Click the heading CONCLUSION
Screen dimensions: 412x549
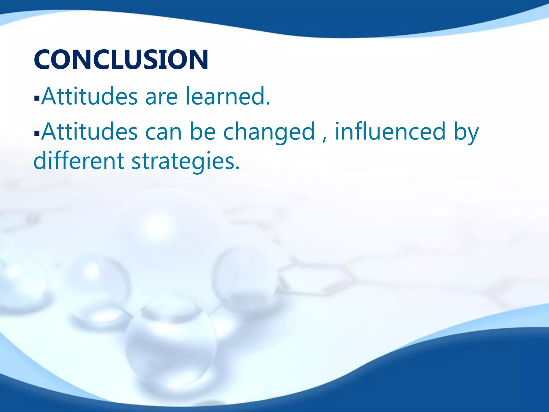[121, 59]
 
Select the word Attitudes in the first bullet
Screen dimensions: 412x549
[90, 96]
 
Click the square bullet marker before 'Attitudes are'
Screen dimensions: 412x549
[37, 98]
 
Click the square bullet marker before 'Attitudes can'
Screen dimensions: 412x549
[37, 133]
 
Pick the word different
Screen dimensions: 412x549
[79, 161]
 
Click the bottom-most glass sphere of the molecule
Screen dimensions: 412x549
[170, 346]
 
